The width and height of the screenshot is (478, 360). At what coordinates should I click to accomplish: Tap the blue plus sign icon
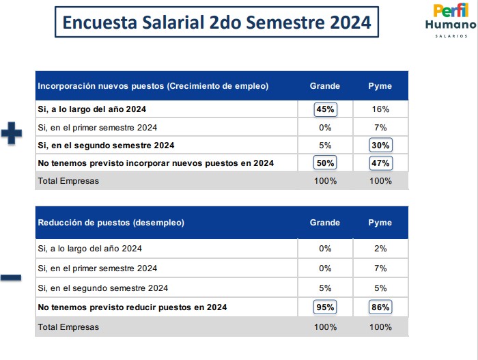point(11,133)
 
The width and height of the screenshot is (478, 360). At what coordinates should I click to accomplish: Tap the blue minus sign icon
point(11,277)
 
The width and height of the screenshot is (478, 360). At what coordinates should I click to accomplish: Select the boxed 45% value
point(325,109)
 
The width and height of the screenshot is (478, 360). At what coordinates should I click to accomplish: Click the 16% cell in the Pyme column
point(380,109)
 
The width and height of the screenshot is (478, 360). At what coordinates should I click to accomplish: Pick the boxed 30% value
point(380,146)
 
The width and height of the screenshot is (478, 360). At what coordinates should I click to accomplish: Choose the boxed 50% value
point(325,163)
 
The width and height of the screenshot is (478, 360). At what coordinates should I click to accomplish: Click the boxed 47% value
point(380,163)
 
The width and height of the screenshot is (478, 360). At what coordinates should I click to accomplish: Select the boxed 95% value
point(325,307)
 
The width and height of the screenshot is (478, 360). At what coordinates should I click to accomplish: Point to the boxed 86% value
point(380,307)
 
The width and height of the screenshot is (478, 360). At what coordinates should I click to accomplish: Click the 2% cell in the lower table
point(380,249)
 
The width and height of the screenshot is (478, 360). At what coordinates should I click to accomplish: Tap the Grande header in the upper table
point(325,86)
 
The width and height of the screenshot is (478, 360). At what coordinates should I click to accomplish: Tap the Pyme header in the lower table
point(380,223)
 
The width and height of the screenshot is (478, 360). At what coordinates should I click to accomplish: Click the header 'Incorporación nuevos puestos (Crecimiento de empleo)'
point(153,86)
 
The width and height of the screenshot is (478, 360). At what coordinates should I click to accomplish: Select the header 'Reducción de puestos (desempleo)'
point(111,223)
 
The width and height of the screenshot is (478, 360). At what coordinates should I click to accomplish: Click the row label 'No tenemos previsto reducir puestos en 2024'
point(132,307)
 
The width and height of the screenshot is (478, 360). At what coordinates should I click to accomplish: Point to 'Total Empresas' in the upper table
point(68,181)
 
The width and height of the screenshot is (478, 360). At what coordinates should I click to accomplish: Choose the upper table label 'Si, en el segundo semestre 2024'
point(106,146)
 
